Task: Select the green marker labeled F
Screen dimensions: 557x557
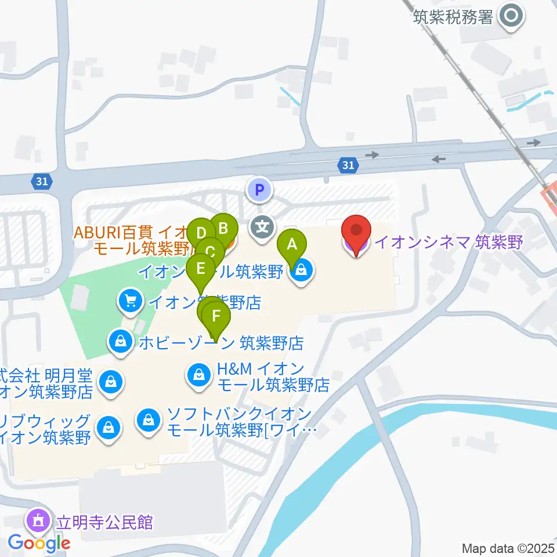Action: click(216, 316)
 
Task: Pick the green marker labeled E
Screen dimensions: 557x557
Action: click(201, 269)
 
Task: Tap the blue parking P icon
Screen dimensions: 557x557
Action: click(259, 189)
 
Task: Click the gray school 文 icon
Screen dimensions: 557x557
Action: click(262, 227)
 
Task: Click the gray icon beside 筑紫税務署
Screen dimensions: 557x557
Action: click(512, 16)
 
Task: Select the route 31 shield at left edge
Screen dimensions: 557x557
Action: click(41, 182)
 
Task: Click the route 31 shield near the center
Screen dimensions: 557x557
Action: click(348, 166)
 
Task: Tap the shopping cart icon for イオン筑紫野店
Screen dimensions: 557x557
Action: click(130, 301)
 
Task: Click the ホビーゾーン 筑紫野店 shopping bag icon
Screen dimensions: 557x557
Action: click(120, 341)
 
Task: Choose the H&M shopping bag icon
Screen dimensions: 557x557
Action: click(199, 374)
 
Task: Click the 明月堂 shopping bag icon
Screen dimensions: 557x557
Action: click(110, 382)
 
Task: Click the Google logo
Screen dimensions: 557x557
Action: click(39, 543)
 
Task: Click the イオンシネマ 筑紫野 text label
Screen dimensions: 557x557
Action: click(449, 241)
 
